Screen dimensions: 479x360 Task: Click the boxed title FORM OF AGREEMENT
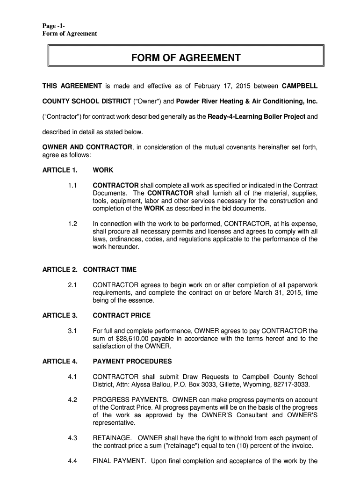point(186,58)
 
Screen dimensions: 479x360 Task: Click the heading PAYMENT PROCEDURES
point(132,362)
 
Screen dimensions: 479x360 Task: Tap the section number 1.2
point(72,224)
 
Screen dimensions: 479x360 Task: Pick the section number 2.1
point(72,285)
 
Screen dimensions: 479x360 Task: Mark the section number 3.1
point(72,331)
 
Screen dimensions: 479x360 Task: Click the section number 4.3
point(72,438)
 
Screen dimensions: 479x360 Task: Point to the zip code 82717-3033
point(288,385)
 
